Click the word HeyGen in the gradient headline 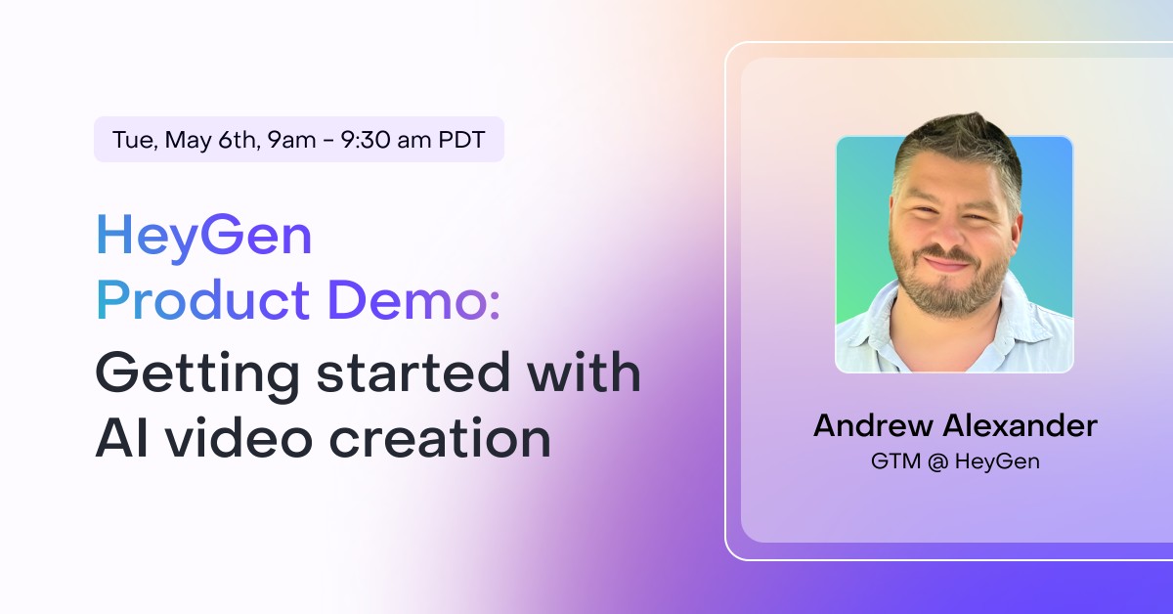pyautogui.click(x=203, y=237)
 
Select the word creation pyautogui.click(x=439, y=438)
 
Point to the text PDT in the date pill pyautogui.click(x=460, y=140)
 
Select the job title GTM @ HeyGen pyautogui.click(x=954, y=461)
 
